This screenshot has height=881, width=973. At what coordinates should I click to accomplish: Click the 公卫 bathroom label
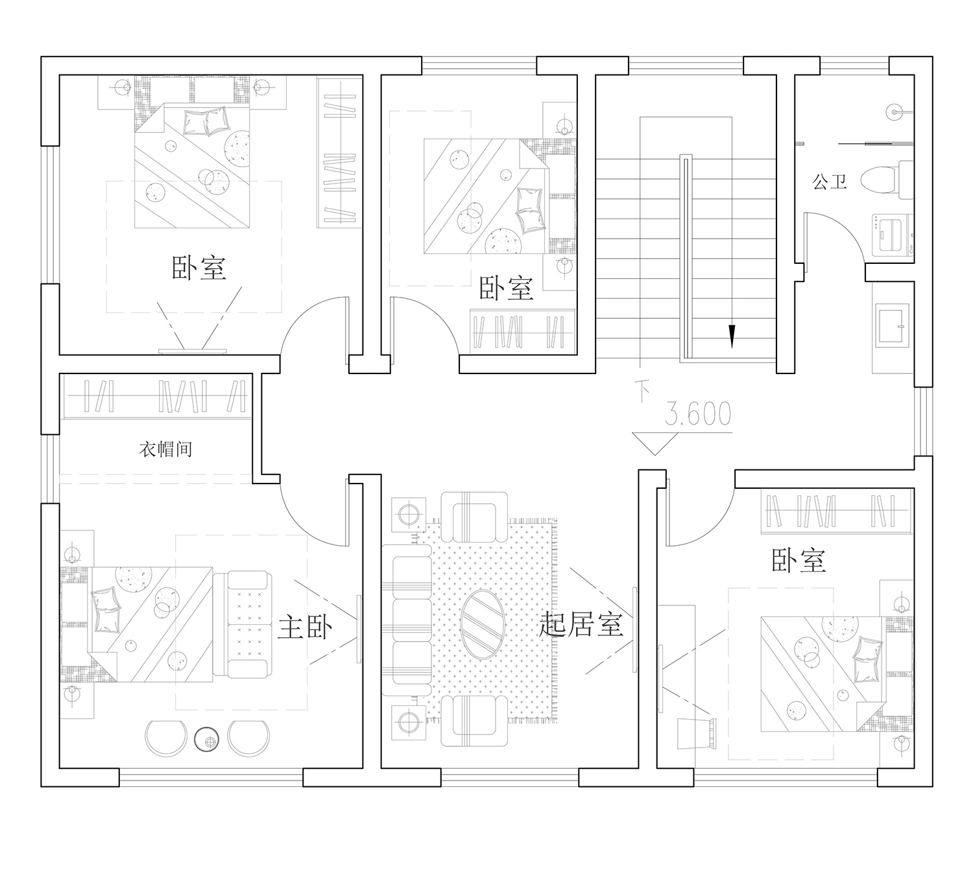tap(830, 182)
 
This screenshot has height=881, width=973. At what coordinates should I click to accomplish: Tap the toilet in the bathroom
tap(887, 180)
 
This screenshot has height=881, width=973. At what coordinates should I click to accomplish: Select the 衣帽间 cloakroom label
tap(165, 449)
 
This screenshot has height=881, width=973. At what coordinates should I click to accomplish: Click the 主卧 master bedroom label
tap(305, 627)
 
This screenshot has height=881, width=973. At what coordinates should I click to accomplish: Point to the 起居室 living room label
tap(581, 624)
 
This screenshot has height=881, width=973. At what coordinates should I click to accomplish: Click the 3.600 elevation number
tap(698, 414)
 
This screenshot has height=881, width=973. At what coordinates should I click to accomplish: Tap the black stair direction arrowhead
tap(732, 336)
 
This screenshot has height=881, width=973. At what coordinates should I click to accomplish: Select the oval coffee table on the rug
tap(483, 624)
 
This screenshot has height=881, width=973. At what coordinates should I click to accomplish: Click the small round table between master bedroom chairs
tap(207, 740)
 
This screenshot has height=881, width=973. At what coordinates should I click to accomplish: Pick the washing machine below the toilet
tap(893, 235)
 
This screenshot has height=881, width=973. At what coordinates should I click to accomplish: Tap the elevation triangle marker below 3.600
tap(655, 443)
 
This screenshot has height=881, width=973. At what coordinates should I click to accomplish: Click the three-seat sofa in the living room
tap(407, 620)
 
